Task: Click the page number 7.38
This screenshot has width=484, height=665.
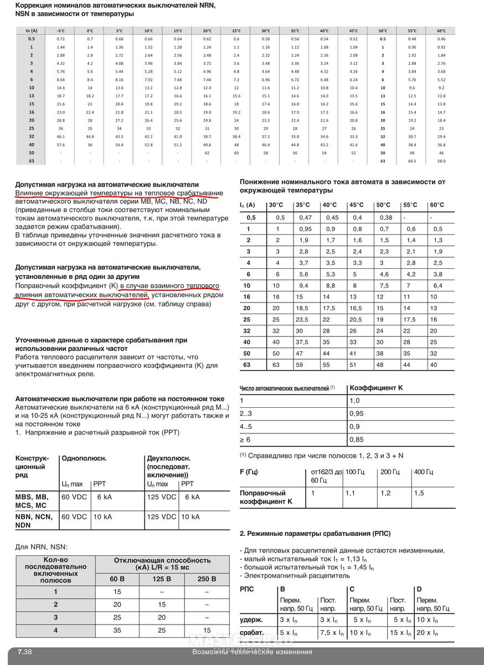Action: click(24, 652)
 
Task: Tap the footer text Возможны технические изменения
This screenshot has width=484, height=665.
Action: click(252, 652)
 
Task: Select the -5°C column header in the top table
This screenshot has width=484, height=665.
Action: click(61, 31)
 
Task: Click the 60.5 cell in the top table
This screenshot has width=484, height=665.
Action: click(412, 161)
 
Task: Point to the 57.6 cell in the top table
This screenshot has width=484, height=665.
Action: click(61, 144)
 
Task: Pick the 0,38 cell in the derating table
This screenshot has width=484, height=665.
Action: click(385, 218)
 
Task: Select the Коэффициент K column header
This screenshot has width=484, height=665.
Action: click(376, 388)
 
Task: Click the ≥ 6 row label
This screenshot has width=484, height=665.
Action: click(245, 439)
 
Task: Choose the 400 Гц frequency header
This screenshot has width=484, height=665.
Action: click(423, 472)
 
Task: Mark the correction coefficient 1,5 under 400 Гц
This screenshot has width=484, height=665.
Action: click(419, 493)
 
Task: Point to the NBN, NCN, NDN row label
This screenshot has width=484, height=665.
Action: click(34, 520)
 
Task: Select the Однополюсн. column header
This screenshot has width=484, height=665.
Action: click(84, 458)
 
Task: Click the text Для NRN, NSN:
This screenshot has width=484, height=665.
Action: click(42, 546)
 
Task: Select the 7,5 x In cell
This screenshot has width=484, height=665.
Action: click(332, 633)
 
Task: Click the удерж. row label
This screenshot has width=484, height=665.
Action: click(251, 620)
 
